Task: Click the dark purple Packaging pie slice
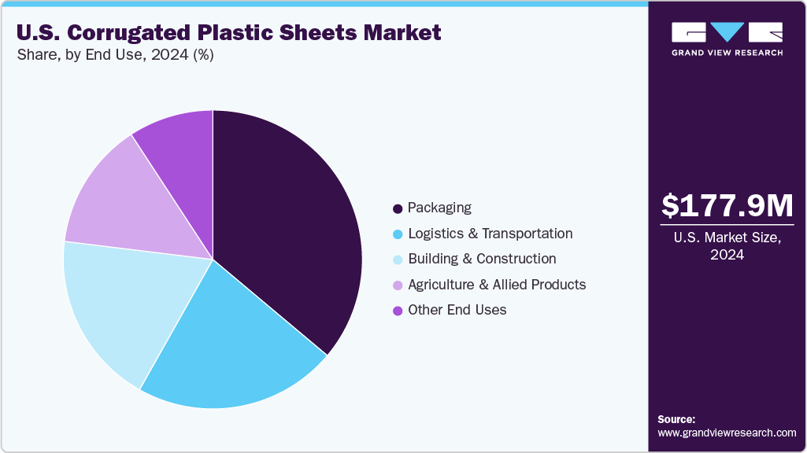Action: tap(291, 220)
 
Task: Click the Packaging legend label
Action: tap(439, 208)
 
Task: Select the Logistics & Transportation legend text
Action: tap(490, 234)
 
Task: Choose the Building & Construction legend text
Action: tap(482, 259)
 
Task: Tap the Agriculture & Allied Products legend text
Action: tap(497, 284)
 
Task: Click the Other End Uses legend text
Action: tap(457, 310)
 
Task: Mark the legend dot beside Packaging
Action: tap(398, 208)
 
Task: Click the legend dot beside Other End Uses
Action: tap(398, 311)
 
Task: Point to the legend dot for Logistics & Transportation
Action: tap(398, 234)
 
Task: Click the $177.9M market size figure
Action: tap(727, 205)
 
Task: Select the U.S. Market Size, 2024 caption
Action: tap(727, 245)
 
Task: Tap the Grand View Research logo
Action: tap(727, 39)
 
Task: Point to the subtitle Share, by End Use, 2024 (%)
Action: tap(115, 55)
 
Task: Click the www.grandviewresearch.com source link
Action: tap(727, 433)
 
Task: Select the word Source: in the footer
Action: tap(676, 419)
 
